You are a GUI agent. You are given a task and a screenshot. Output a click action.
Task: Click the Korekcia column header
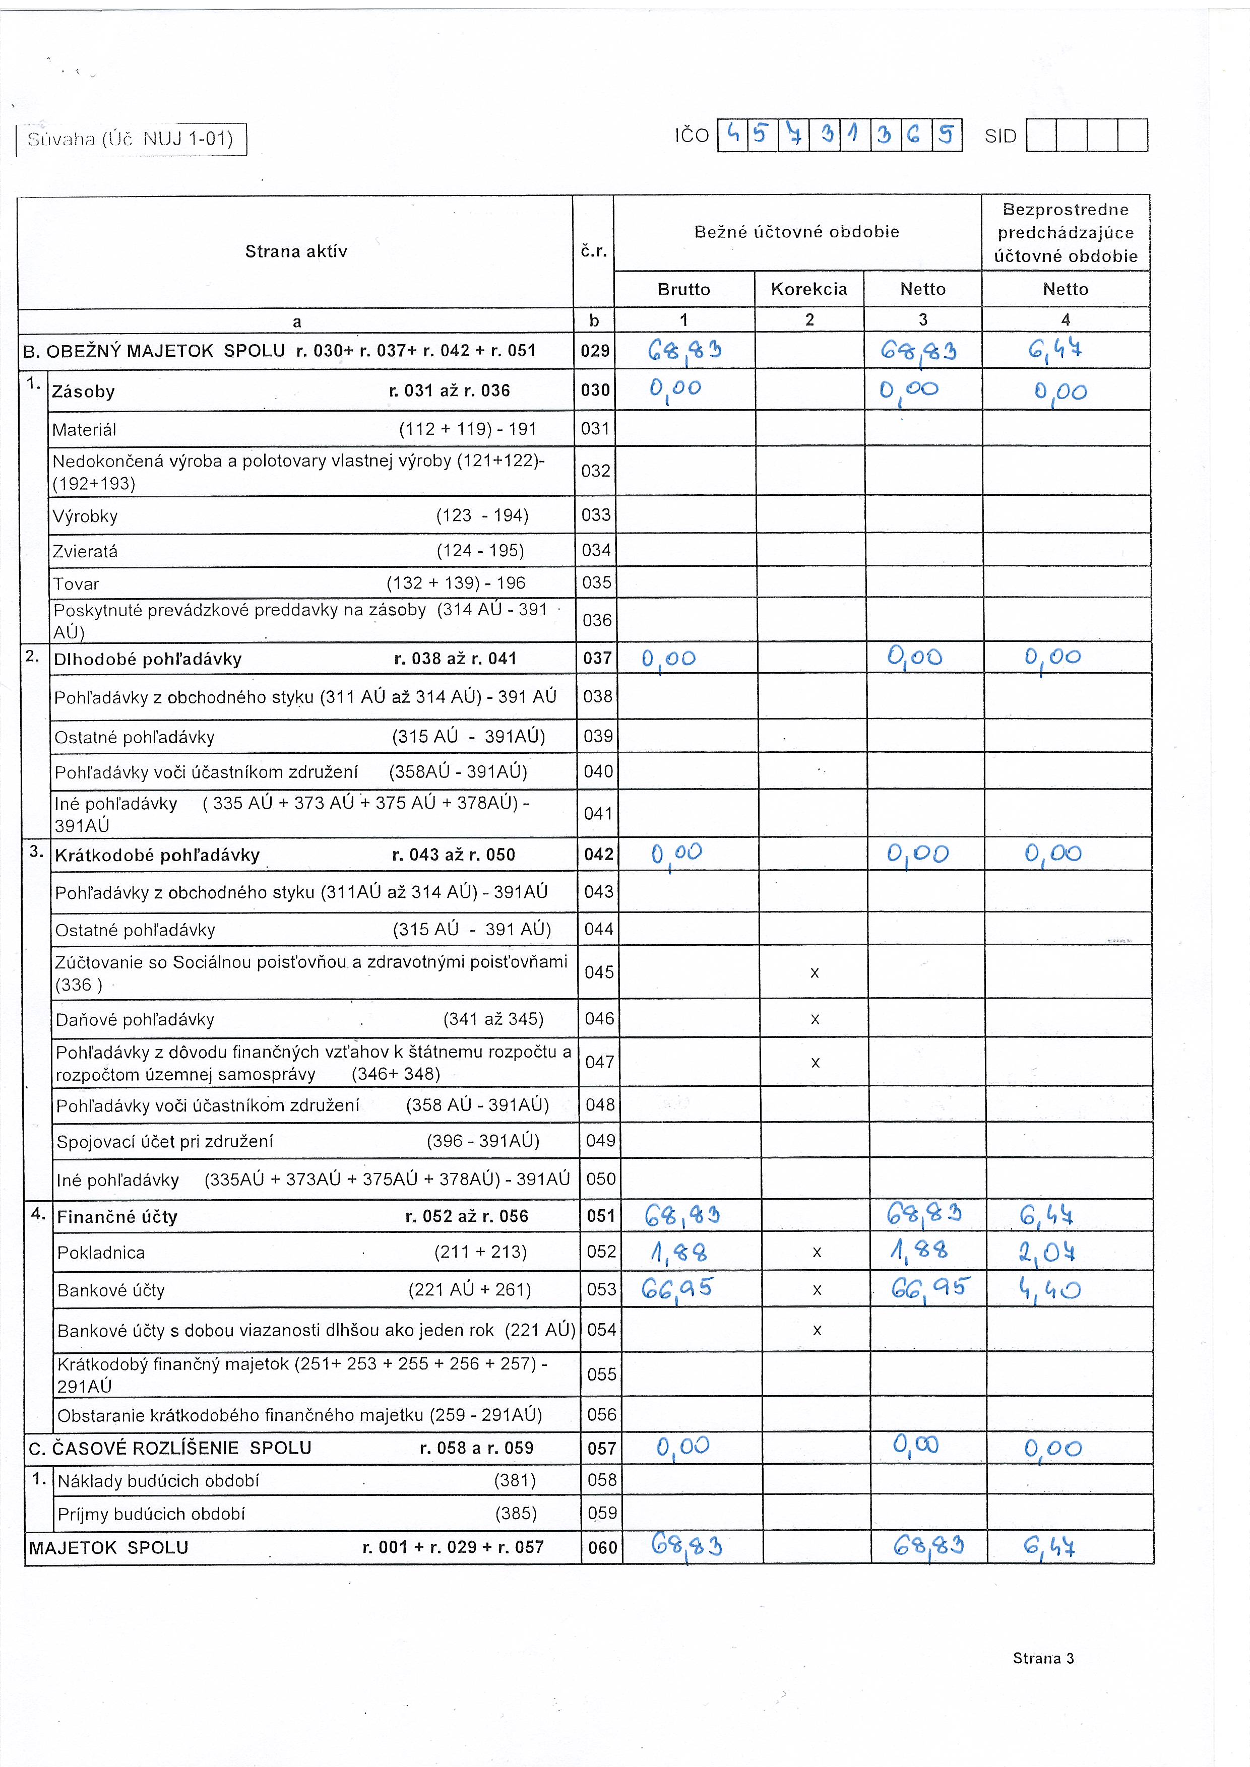[809, 289]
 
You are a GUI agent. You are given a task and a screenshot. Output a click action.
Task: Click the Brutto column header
[683, 289]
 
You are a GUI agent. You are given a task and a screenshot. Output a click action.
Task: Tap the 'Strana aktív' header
[296, 251]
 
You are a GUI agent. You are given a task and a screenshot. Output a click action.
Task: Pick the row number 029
[595, 351]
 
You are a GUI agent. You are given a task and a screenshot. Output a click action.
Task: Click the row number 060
[602, 1548]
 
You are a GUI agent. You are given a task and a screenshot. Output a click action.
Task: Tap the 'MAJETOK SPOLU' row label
[108, 1548]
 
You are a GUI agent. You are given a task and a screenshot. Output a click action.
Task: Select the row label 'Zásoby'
[83, 391]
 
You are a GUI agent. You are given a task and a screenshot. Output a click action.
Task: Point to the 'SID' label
[1000, 136]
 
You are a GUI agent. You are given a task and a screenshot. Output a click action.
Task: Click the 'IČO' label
[692, 136]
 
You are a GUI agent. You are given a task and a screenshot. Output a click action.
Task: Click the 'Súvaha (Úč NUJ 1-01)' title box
[131, 139]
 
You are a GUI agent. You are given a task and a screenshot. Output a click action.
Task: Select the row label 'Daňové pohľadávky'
[135, 1020]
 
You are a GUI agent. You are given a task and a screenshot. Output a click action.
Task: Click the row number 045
[599, 972]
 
